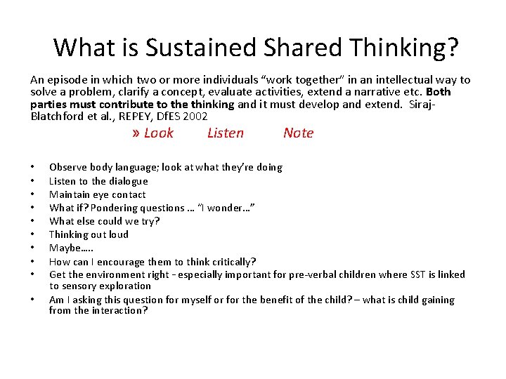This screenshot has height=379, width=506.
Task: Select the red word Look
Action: [158, 133]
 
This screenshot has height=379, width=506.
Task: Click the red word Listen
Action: [226, 133]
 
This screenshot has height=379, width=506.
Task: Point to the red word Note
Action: [298, 133]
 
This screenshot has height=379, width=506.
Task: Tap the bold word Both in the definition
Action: [438, 92]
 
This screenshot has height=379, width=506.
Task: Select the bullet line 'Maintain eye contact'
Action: [97, 194]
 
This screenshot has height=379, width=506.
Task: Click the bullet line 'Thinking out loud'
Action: [89, 234]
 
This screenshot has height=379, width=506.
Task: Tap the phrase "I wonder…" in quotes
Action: [226, 208]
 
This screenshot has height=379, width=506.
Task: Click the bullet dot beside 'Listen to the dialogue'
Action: [32, 181]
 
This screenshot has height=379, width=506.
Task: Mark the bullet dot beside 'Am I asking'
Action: [32, 300]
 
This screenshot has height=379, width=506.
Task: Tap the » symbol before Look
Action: [136, 133]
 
